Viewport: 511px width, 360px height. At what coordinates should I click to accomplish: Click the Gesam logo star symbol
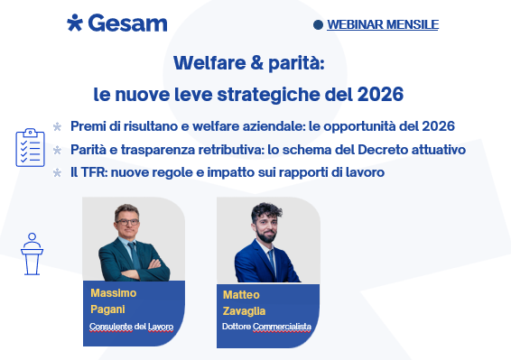[x=75, y=23]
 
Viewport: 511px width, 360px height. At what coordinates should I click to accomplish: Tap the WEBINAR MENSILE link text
[x=382, y=24]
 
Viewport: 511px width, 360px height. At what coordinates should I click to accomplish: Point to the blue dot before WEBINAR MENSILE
[x=317, y=25]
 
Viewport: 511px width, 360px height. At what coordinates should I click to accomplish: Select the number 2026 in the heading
[x=380, y=93]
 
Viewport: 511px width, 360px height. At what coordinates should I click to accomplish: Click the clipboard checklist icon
[x=30, y=148]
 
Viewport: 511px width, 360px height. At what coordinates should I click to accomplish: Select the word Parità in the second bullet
[x=91, y=149]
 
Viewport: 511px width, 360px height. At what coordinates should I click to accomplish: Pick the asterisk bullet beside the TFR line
[x=58, y=172]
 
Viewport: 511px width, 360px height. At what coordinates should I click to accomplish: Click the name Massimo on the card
[x=113, y=293]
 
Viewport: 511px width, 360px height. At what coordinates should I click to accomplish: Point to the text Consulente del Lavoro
[x=131, y=326]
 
